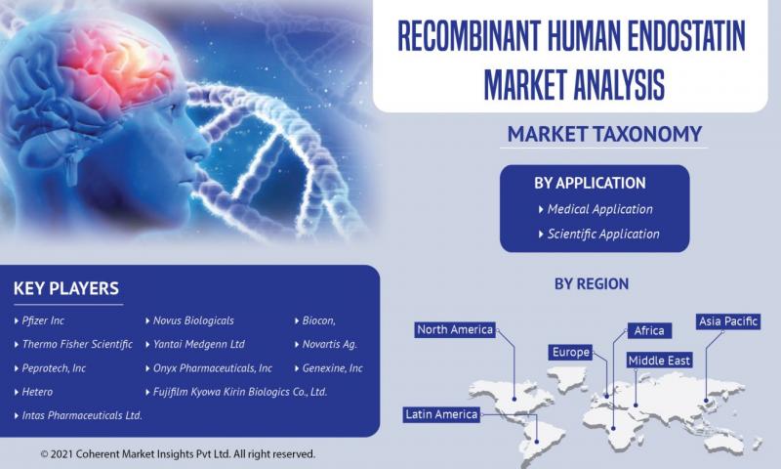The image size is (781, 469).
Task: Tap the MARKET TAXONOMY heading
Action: click(604, 134)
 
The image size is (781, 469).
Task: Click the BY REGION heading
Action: click(592, 284)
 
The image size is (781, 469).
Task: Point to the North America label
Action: click(455, 329)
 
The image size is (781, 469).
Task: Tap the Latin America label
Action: click(441, 414)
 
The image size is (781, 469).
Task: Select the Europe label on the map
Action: click(571, 353)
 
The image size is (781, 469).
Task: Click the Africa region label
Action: click(649, 330)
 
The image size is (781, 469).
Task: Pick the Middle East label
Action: click(659, 361)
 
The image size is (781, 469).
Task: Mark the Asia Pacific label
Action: click(727, 321)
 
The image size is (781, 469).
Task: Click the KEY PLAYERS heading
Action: click(66, 288)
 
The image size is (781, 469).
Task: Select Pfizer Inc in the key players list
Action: click(43, 321)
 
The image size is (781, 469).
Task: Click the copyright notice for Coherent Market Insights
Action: click(178, 454)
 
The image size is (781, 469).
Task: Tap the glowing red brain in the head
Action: click(119, 64)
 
